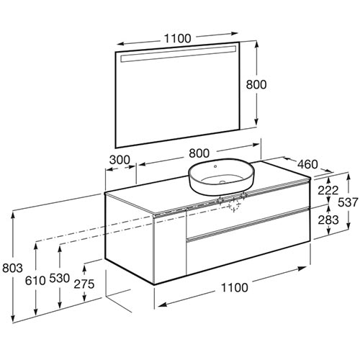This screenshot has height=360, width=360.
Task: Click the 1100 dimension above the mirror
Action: coord(178,38)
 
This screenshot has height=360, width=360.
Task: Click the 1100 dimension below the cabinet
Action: coord(234,287)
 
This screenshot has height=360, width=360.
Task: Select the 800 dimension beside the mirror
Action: coord(256,85)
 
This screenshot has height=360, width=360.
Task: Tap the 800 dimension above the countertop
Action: coord(199,153)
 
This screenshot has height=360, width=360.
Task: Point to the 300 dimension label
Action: coord(120,160)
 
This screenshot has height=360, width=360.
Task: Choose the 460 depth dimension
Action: coord(307,164)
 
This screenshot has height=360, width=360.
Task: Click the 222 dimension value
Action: coord(328,191)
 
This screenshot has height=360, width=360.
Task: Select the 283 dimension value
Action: coord(328,220)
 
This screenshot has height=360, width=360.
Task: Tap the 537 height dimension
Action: coord(348,202)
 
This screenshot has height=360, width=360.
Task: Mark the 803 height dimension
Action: coord(12,268)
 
